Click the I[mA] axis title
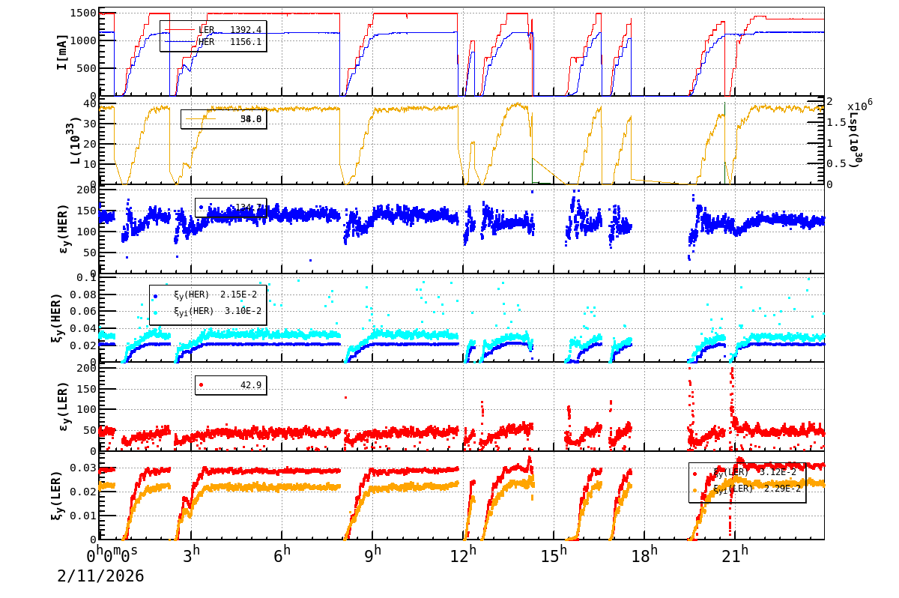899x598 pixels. pos(62,52)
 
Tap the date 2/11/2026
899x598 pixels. pos(100,576)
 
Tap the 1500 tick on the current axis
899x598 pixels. pos(82,13)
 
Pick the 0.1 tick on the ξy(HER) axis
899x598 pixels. pos(87,278)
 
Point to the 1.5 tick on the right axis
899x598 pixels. pos(837,122)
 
